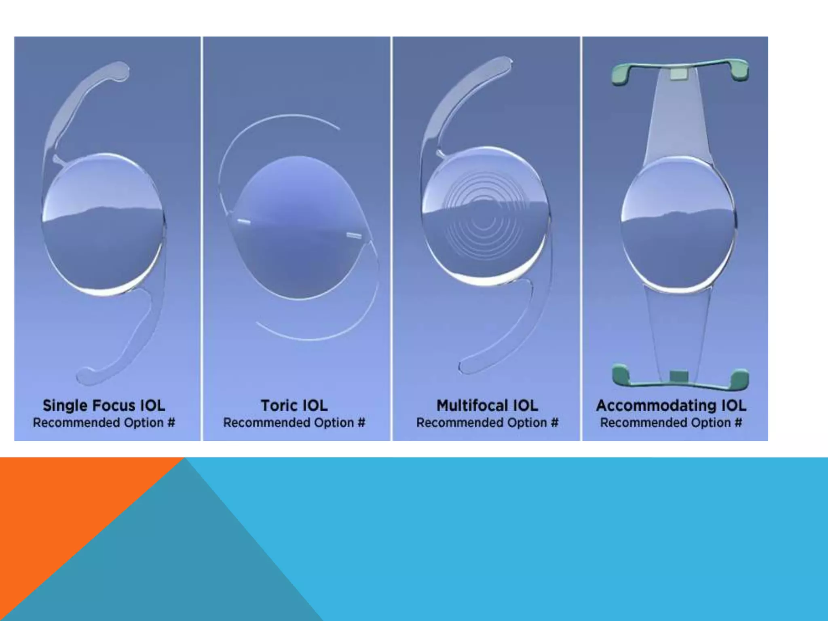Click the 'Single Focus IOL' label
point(104,406)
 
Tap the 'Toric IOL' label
point(294,406)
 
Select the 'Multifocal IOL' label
point(487,406)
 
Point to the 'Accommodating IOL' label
point(671,406)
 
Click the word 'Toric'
point(279,406)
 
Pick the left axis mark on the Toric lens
point(243,222)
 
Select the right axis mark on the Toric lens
point(354,235)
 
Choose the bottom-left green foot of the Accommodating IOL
point(621,376)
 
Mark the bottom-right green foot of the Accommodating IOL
point(740,379)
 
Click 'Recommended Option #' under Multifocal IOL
point(487,423)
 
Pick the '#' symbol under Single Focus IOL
point(171,423)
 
